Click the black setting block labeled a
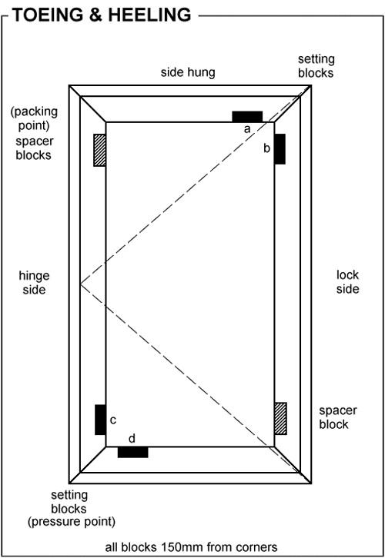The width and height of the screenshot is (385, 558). click(x=247, y=117)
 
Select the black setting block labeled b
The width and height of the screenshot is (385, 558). click(x=280, y=149)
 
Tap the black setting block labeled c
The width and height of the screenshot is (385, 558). click(x=100, y=420)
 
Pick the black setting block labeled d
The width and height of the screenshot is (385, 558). click(x=132, y=452)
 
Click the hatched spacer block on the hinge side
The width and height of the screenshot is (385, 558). click(x=99, y=150)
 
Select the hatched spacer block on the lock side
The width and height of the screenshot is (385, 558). click(x=280, y=418)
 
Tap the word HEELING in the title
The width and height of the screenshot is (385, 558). click(x=149, y=15)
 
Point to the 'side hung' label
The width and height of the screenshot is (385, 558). click(x=188, y=72)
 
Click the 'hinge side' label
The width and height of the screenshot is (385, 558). click(x=34, y=283)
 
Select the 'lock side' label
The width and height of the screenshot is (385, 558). click(x=347, y=282)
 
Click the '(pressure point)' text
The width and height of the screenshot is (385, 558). click(x=72, y=522)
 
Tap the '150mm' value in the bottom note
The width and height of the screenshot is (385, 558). click(x=182, y=546)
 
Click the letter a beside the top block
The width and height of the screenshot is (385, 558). click(x=247, y=129)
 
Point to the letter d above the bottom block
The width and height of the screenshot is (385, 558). click(x=132, y=438)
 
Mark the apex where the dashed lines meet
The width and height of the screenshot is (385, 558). click(x=81, y=284)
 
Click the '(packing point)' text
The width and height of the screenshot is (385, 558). click(x=34, y=118)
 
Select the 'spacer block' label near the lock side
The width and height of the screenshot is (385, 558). click(x=338, y=417)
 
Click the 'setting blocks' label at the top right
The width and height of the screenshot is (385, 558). click(x=316, y=66)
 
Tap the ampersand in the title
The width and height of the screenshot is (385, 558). click(x=99, y=15)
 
